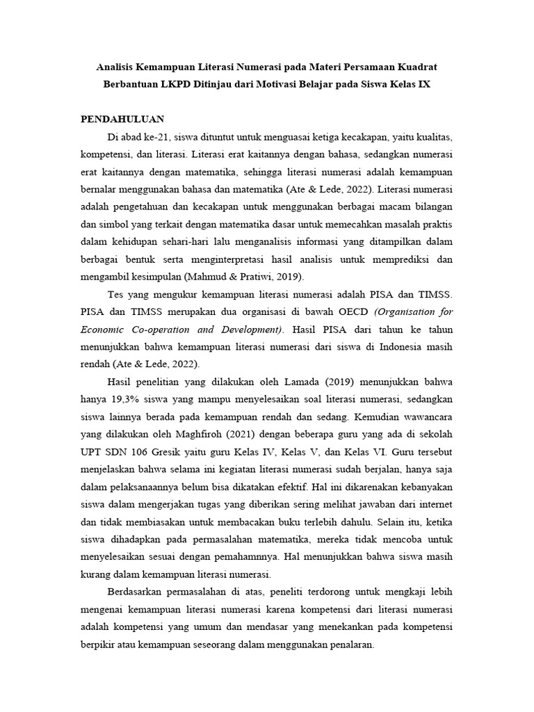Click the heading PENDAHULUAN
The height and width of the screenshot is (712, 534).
122,119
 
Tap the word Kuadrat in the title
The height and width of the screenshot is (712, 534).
416,67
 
